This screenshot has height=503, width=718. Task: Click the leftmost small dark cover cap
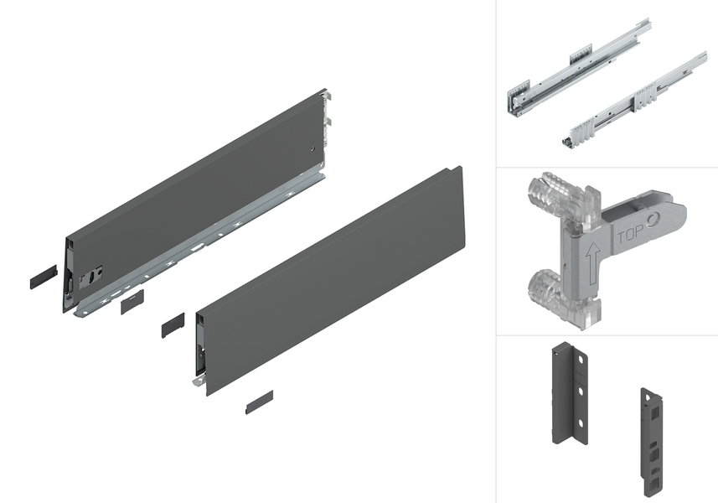click(x=44, y=277)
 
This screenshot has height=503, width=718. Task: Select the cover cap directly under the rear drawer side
click(x=132, y=302)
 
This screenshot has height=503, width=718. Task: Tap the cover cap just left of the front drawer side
click(x=173, y=325)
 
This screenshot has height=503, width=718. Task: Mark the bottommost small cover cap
click(x=259, y=402)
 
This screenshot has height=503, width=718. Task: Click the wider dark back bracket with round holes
click(x=569, y=393)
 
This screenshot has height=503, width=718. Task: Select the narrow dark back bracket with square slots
click(x=652, y=442)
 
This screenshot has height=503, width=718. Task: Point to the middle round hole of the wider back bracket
click(x=580, y=392)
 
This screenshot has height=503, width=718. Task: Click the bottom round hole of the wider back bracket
click(x=580, y=423)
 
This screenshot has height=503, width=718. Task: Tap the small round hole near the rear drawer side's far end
click(x=313, y=149)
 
